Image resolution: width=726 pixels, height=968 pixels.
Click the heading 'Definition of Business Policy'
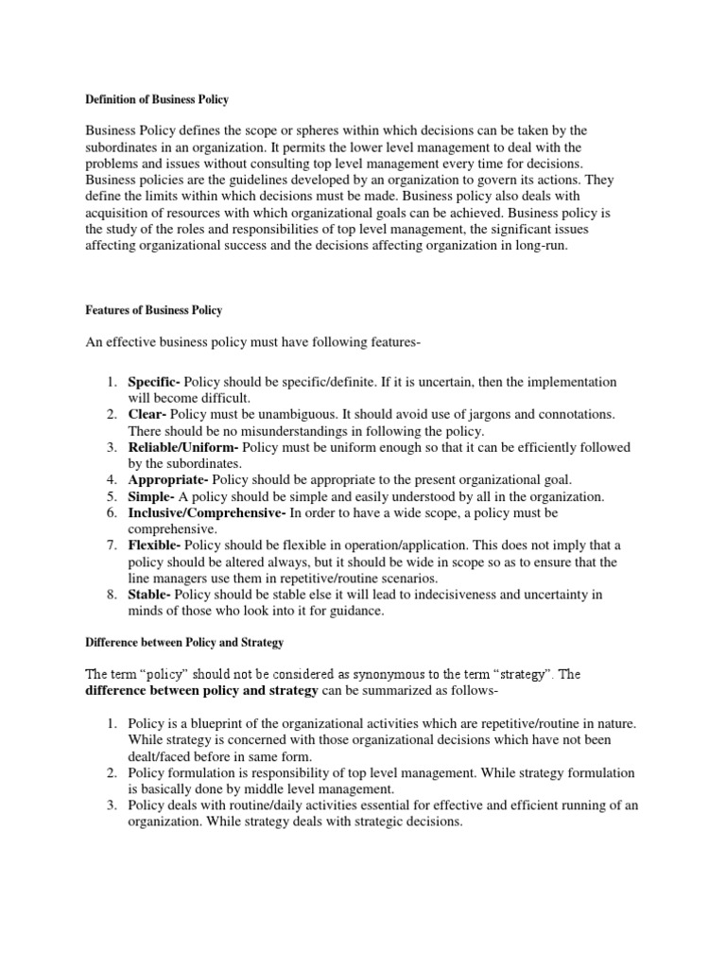157,99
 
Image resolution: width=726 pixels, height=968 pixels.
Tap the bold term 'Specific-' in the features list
154,382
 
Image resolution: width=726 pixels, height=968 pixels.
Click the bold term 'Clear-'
147,414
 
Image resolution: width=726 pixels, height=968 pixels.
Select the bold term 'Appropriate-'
166,480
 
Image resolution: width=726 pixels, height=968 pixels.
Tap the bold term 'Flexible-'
155,545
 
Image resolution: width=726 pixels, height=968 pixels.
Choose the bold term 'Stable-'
149,595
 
